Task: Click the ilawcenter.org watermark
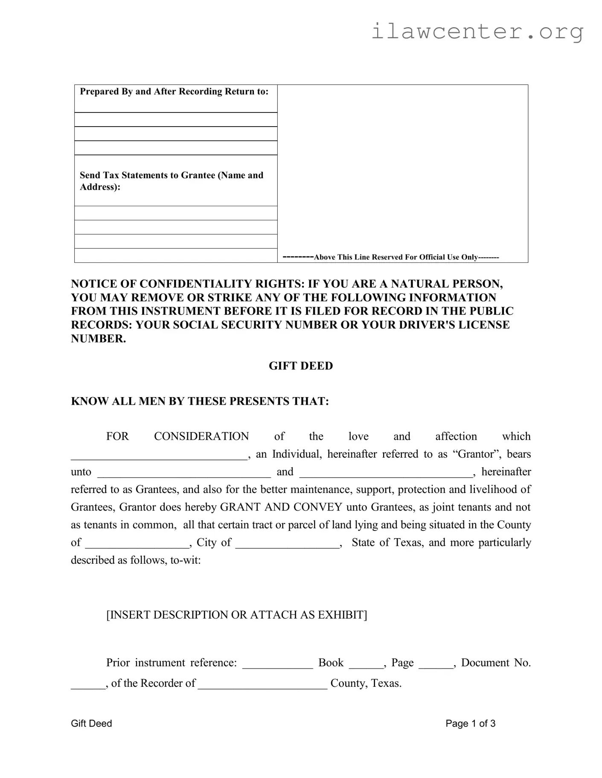[x=477, y=32]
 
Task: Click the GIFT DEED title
[x=300, y=366]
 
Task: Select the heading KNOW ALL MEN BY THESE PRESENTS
[x=200, y=401]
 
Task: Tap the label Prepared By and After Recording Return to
[x=174, y=92]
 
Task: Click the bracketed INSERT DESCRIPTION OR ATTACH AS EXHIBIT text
[x=236, y=615]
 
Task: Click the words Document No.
[x=496, y=663]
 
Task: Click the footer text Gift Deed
[x=91, y=723]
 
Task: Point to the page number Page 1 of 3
[x=470, y=723]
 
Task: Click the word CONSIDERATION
[x=201, y=436]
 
